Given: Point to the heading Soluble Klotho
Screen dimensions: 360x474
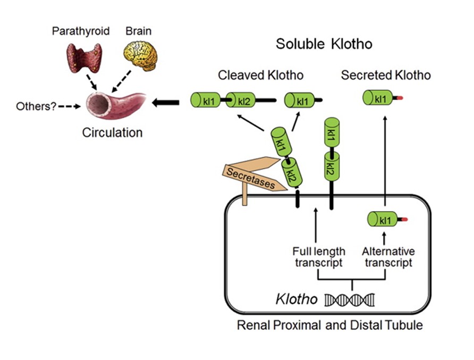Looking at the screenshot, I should coord(324,44).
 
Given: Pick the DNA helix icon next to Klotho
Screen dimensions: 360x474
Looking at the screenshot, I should coord(349,300).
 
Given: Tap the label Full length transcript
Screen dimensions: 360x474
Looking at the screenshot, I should coord(319,257).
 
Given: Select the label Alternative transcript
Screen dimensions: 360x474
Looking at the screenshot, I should coord(388,257).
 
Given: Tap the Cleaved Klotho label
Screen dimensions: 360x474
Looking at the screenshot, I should coord(261,75).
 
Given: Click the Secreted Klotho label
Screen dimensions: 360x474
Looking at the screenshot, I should coord(386,75).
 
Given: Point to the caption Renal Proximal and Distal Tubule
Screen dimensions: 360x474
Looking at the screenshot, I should coord(330,325).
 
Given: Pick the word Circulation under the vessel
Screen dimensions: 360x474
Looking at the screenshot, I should coord(112,132).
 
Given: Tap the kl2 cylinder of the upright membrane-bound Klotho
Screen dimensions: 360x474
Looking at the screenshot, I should coord(329,168).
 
